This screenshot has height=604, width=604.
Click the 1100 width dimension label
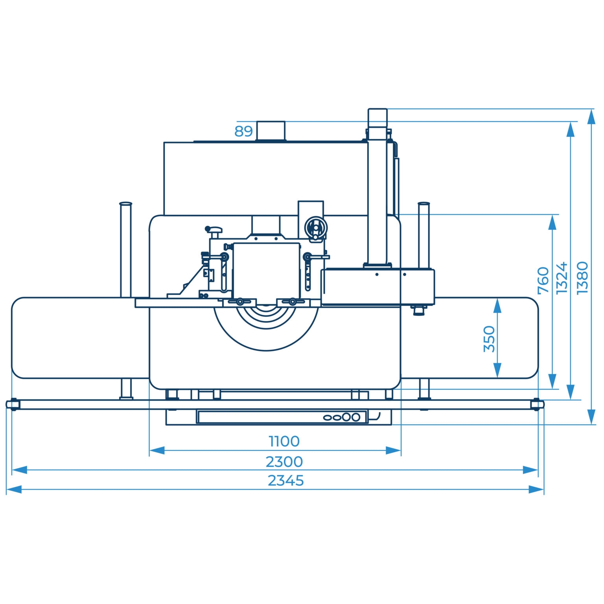284,441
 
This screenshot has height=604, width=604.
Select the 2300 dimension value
284,461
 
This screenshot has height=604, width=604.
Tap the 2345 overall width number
286,481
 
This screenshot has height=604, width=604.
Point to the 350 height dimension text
489,339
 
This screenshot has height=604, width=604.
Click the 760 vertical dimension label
543,280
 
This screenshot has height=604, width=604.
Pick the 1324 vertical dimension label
562,278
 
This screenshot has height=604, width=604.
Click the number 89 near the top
243,131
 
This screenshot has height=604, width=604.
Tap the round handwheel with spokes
315,228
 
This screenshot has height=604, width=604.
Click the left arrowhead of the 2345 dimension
14,490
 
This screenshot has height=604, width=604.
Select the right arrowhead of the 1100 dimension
393,450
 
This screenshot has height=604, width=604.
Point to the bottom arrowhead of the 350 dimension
497,370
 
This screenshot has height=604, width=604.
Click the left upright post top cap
126,204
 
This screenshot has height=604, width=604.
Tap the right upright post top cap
424,204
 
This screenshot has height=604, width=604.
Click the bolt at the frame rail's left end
13,404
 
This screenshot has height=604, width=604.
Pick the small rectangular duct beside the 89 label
271,131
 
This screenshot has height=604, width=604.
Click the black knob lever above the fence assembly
214,230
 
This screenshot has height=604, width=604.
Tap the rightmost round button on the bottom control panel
355,417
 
